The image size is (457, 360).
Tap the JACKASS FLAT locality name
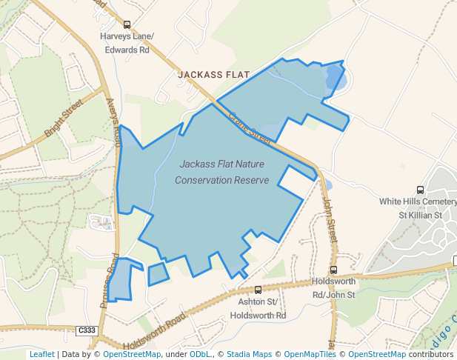[213, 75]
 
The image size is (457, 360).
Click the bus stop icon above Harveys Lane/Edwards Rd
[127, 24]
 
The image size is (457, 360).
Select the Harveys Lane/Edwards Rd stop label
[125, 43]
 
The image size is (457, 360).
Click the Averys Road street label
[113, 122]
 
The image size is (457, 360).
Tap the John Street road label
[332, 220]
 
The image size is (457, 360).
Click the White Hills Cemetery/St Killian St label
[418, 208]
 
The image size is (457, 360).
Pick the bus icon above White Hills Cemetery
[421, 190]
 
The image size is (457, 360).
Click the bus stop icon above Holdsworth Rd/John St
[333, 270]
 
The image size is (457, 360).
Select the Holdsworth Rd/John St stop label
[334, 288]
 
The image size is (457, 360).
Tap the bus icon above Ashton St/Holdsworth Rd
[258, 290]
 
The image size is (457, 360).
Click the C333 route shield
[87, 330]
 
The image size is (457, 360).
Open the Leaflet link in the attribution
[41, 354]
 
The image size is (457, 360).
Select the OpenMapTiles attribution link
[310, 354]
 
